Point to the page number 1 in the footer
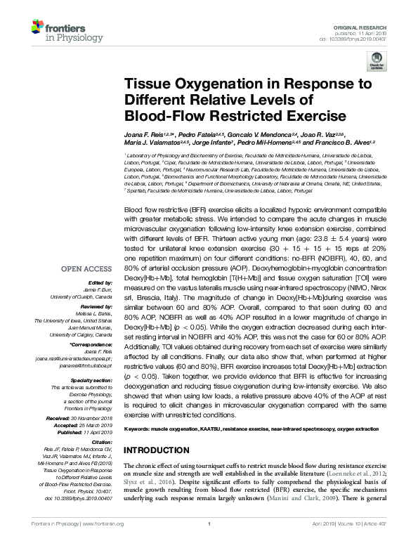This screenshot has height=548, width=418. click(209, 543)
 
